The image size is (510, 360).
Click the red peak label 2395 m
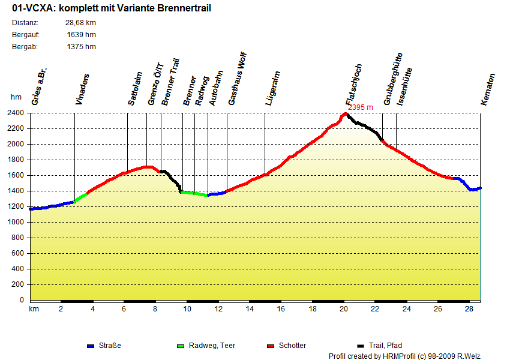[360, 107]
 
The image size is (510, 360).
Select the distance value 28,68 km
[81, 23]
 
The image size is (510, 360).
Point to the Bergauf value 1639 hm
[82, 34]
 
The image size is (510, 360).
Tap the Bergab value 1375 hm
[82, 46]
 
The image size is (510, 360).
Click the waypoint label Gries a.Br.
[40, 87]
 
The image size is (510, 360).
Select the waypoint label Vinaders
[82, 89]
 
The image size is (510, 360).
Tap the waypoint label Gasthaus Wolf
[237, 80]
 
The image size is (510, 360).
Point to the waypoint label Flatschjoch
[354, 85]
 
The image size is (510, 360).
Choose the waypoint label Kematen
[488, 89]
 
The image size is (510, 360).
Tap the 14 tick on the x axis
[250, 309]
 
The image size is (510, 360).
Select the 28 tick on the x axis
[469, 309]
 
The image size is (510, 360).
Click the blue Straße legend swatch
[91, 346]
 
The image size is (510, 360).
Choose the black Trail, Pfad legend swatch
[361, 346]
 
